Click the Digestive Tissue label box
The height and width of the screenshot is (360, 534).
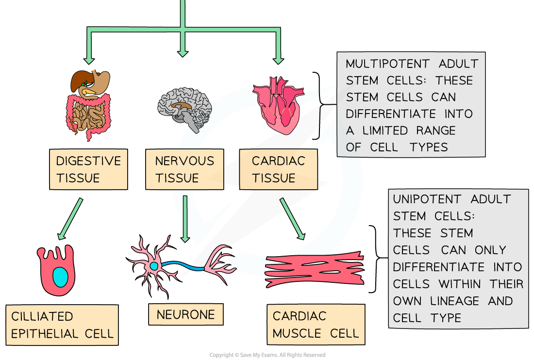coord(88,169)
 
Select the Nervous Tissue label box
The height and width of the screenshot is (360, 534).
coord(184,169)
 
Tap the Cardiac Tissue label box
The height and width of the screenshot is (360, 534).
coord(278,169)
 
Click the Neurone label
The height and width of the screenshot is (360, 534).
coord(185,314)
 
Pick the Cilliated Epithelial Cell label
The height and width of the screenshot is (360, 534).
coord(62,325)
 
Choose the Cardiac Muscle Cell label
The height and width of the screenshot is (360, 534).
coord(316,325)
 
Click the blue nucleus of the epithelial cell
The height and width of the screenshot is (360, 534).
coord(61,277)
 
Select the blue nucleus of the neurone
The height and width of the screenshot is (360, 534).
coord(154,266)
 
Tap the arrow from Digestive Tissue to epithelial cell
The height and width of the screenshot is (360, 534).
coord(70,219)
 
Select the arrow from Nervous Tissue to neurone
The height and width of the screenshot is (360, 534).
coord(184,218)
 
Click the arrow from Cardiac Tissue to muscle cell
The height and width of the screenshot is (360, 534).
coord(292,219)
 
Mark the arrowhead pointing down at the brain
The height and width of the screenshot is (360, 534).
coord(183,51)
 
